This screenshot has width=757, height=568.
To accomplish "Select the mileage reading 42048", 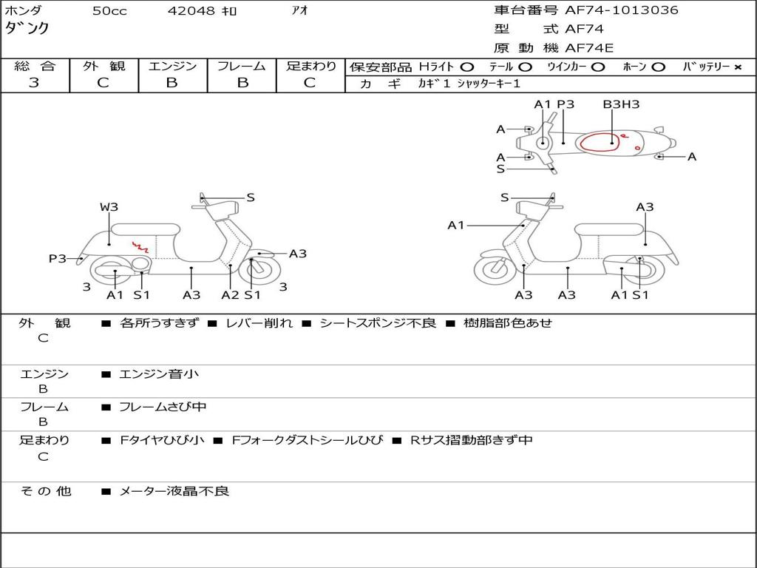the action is click(191, 11).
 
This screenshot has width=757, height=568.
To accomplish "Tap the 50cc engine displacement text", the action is click(109, 11).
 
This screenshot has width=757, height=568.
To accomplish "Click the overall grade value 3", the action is click(34, 83).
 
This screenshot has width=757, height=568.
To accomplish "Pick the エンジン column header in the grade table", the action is click(172, 67).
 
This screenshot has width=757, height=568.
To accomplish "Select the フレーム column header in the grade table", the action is click(242, 67).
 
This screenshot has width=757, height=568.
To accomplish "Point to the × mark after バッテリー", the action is click(737, 67).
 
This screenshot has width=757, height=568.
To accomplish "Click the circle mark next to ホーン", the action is click(659, 67).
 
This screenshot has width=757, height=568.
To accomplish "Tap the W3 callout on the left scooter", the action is click(109, 207).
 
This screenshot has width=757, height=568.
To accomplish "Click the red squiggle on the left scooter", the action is click(140, 247).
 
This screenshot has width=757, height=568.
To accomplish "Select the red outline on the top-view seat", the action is click(600, 142).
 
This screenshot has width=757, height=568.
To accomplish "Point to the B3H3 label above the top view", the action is click(620, 104).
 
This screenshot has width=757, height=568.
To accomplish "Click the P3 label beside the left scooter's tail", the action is click(58, 258).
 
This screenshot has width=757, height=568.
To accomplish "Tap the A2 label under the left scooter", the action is click(230, 295).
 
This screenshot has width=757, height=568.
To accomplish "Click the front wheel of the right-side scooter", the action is click(495, 270).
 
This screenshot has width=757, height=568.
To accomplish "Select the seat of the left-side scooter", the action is click(145, 229).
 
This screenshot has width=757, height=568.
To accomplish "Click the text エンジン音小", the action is click(159, 374).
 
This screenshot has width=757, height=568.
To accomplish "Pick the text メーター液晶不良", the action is click(174, 491).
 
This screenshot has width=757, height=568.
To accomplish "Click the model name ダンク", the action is click(27, 28).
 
